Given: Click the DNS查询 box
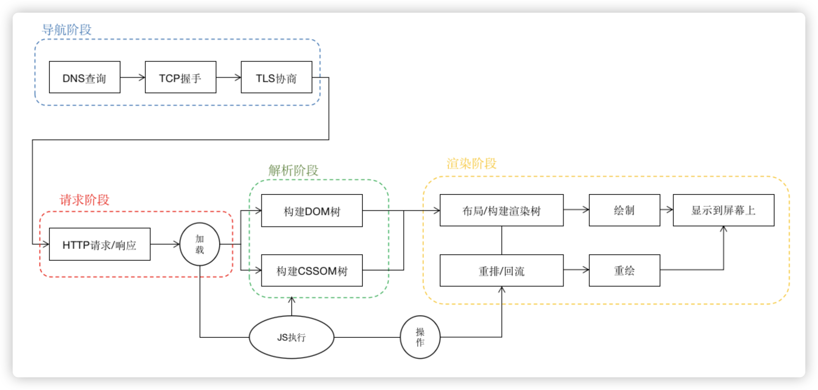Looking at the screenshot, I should click(84, 77).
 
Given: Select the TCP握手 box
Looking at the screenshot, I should click(180, 77).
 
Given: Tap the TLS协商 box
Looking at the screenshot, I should click(276, 77).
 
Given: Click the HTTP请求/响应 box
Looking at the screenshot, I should click(100, 244).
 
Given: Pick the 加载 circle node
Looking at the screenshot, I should click(200, 244).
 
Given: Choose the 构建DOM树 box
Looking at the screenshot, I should click(312, 211).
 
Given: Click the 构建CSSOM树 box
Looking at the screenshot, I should click(312, 270).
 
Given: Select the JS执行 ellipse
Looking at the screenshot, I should click(292, 337).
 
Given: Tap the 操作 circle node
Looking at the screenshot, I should click(420, 337).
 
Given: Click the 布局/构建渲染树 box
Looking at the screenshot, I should click(501, 210).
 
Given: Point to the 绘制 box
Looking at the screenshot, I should click(624, 210).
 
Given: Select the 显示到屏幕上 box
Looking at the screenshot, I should click(723, 210).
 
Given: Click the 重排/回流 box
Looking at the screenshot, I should click(501, 270).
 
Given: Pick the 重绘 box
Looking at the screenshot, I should click(624, 270).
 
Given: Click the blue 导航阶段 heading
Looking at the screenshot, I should click(67, 30).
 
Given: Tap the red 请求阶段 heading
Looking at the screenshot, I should click(84, 200).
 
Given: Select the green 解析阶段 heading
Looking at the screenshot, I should click(293, 170).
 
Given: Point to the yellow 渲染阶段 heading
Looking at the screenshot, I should click(472, 164).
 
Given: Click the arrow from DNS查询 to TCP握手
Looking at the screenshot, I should click(133, 77).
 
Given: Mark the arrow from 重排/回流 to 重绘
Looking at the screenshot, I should click(576, 270).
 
